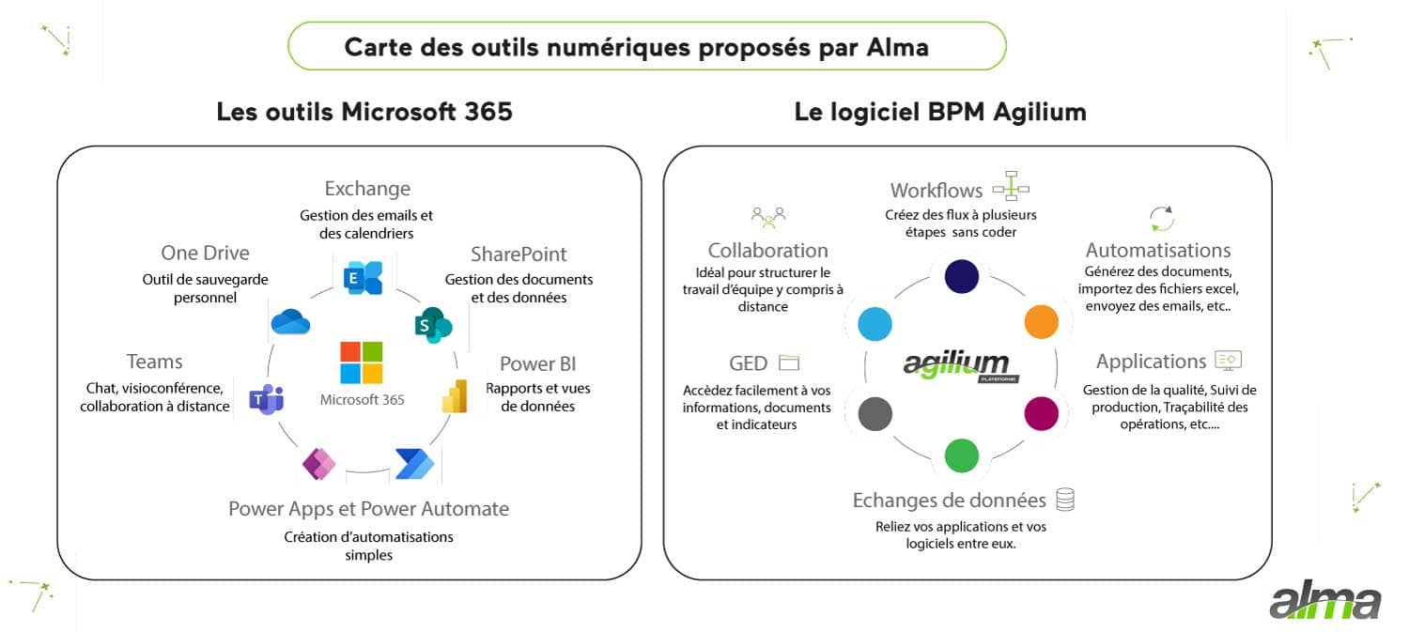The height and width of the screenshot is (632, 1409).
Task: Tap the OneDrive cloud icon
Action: coord(290,322)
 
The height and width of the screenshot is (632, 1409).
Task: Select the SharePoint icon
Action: coord(433,324)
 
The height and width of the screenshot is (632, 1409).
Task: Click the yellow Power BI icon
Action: coord(455,396)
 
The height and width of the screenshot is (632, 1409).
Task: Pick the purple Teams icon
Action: coord(266,399)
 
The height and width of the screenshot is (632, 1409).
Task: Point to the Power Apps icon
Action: coord(318,464)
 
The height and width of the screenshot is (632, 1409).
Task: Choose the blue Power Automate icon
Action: coord(413,464)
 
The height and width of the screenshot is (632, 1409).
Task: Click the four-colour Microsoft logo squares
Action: coord(362,362)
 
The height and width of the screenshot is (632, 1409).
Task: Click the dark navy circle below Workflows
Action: coord(961,276)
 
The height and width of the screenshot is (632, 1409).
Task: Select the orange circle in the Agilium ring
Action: coord(1041,322)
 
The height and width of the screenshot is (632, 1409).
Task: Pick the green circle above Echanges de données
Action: coord(961,455)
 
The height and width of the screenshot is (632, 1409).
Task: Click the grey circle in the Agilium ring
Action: coord(875,413)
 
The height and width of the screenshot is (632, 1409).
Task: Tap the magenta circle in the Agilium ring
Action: coord(1041,413)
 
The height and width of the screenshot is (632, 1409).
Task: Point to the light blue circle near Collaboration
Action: coord(875,322)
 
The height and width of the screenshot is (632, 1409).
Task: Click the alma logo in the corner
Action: coord(1324,602)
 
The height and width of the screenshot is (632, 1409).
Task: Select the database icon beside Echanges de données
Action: coord(1064,500)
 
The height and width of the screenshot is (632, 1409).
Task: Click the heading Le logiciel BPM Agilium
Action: coord(939,112)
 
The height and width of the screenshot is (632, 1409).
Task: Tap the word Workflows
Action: coord(936,191)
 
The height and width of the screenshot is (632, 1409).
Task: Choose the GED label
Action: coord(748,363)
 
